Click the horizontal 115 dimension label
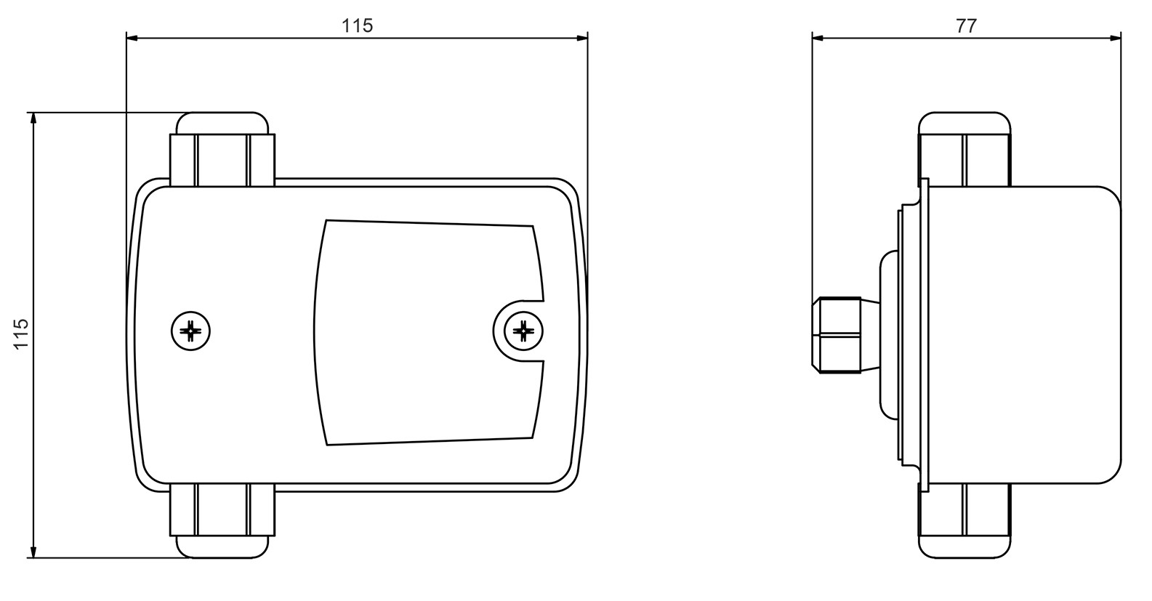(x=357, y=25)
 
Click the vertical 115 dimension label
(x=21, y=334)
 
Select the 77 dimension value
(x=966, y=25)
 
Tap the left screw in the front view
(x=191, y=331)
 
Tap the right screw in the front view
(x=523, y=331)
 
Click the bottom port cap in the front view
(x=222, y=547)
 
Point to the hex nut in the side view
(x=837, y=335)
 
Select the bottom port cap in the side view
(x=964, y=547)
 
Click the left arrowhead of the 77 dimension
(x=818, y=38)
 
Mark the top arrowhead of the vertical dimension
(x=34, y=118)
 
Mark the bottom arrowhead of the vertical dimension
(x=34, y=552)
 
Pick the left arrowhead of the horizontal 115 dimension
(x=132, y=38)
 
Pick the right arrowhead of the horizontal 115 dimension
(x=581, y=38)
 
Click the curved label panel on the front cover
(x=428, y=333)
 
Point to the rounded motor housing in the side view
(x=1025, y=335)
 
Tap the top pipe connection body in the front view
(x=222, y=160)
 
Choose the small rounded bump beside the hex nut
(x=889, y=335)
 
